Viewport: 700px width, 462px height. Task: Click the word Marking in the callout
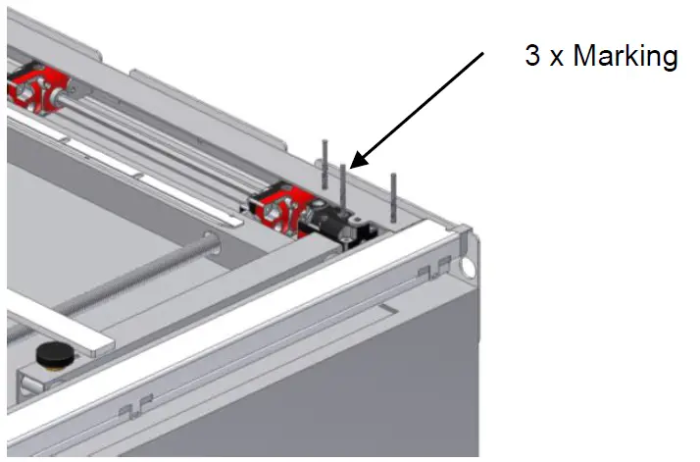click(625, 56)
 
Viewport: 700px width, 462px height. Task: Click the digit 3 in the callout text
click(532, 56)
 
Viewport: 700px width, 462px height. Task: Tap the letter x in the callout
click(555, 58)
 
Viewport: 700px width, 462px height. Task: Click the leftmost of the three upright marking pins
click(322, 163)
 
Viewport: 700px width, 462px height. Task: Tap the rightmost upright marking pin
click(392, 196)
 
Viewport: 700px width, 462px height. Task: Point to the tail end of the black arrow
click(482, 56)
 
